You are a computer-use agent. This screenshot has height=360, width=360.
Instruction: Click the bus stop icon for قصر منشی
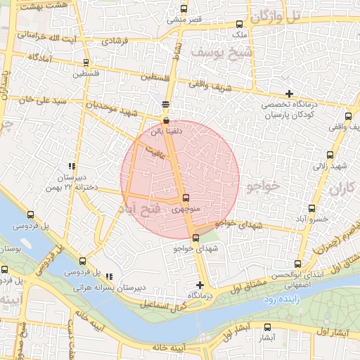point(184,9)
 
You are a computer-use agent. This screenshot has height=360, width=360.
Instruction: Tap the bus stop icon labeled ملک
point(240,24)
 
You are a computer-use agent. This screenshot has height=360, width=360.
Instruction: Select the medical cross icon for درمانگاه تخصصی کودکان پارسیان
point(289,94)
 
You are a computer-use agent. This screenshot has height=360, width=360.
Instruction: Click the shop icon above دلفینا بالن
point(165,121)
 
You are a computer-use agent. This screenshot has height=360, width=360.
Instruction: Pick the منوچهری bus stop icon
point(185,198)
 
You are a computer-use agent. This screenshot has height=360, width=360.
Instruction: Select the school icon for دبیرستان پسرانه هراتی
point(108,276)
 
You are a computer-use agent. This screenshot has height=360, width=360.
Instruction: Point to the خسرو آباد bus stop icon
point(311,208)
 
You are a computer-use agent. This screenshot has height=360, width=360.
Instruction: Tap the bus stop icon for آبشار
point(266,327)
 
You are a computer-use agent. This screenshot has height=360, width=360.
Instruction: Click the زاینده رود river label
point(284,300)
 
